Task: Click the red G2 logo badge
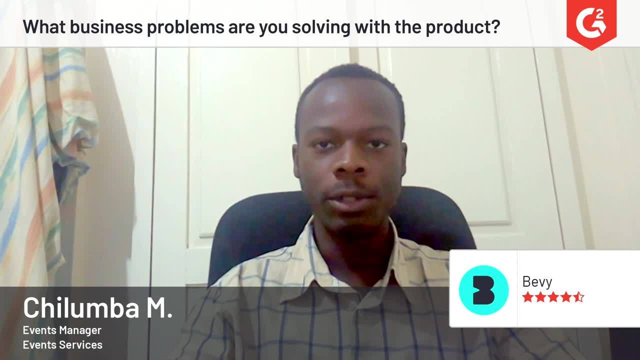591,22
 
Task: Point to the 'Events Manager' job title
62,330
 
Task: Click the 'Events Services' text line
62,344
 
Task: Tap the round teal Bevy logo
483,290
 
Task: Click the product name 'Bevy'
537,281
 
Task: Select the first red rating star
527,297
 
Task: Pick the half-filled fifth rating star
578,297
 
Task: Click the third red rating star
553,297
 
